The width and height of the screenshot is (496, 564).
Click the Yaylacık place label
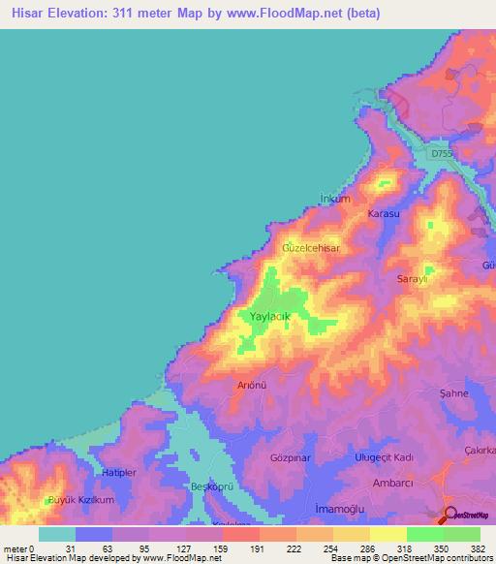pyautogui.click(x=270, y=317)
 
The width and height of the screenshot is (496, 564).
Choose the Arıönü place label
pyautogui.click(x=252, y=385)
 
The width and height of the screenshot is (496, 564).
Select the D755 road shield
pyautogui.click(x=441, y=153)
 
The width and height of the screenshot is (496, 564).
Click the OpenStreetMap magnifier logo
pyautogui.click(x=449, y=515)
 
